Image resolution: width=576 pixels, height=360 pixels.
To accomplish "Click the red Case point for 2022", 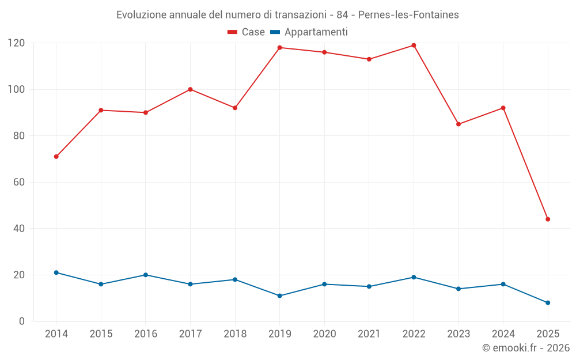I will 414,46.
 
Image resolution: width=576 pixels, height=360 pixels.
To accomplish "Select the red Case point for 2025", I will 548,219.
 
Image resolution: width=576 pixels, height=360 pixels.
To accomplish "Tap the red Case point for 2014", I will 56,157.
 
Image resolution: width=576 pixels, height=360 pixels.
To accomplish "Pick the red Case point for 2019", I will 279,48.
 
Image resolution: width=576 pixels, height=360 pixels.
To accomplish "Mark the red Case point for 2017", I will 190,89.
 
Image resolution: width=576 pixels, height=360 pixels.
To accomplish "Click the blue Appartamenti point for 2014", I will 56,272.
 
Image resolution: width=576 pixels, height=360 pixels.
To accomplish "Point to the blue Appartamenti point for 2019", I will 279,295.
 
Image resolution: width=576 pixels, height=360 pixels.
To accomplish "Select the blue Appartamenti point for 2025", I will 548,302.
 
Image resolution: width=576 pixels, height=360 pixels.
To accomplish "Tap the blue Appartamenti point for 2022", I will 414,277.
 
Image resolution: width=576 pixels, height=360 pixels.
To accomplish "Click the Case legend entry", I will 246,32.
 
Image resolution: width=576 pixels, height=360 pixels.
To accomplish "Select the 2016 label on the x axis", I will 145,334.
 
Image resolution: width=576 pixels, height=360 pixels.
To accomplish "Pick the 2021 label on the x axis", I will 369,334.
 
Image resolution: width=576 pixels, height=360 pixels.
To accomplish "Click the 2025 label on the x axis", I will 548,334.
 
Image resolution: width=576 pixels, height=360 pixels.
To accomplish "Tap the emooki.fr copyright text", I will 526,348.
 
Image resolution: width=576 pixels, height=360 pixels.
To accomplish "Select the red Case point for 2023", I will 458,124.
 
